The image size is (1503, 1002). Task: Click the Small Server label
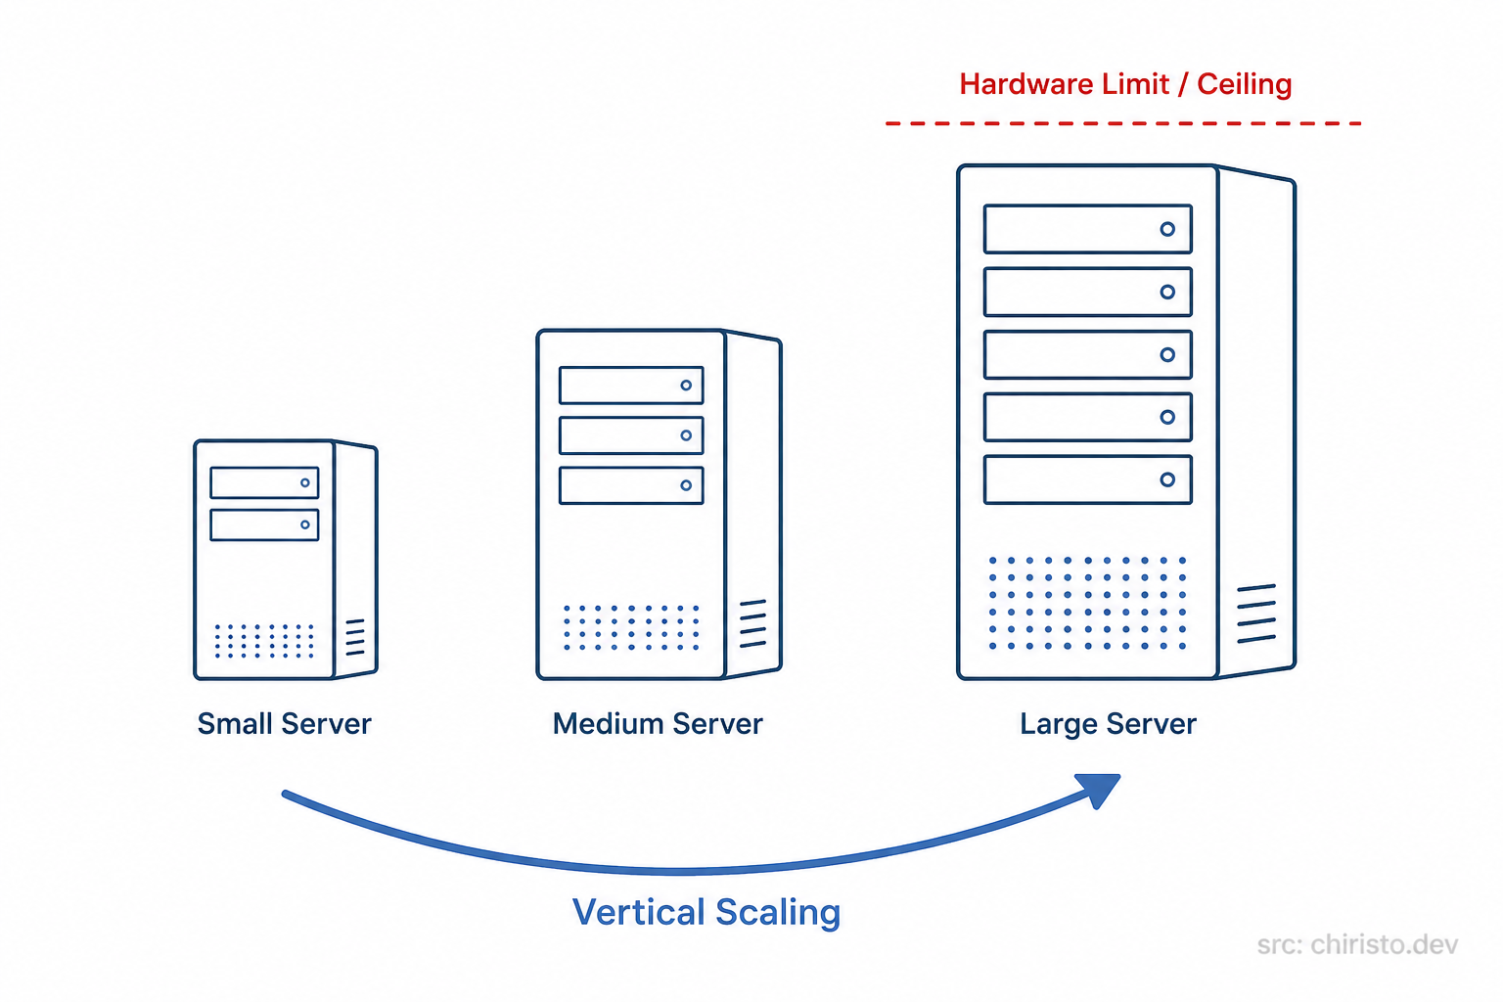[284, 724]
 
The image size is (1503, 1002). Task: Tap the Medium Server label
[657, 724]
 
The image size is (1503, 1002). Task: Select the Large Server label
[1108, 724]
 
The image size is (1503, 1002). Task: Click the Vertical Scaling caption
[706, 912]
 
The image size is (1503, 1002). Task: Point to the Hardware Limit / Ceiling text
[1125, 84]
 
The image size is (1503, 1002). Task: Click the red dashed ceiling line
[1123, 123]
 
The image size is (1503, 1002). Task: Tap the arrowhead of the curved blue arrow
[1102, 788]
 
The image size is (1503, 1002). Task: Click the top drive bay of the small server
[264, 482]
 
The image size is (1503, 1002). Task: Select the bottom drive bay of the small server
[264, 524]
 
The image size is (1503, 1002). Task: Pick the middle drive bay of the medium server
[631, 435]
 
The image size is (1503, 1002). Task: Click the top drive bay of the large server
[1087, 229]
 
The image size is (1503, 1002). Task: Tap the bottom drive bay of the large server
[1087, 479]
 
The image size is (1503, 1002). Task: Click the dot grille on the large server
[1087, 603]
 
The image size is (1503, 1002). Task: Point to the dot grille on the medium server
[631, 627]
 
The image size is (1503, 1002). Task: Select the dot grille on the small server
[264, 641]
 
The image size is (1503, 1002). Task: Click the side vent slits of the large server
[1256, 614]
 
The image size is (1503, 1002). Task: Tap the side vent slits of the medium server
[752, 623]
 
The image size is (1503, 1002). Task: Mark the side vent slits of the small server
[355, 637]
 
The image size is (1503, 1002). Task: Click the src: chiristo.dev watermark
[1357, 944]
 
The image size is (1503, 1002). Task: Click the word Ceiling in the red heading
[1245, 84]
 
